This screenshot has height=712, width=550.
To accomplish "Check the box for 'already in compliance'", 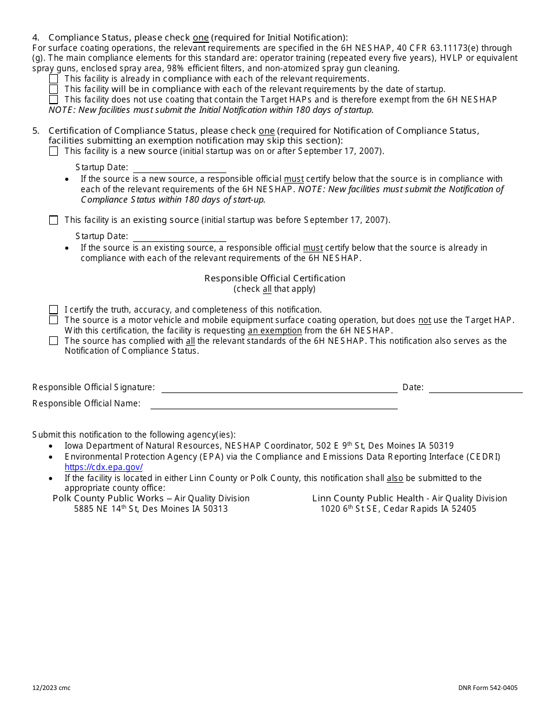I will [x=54, y=79].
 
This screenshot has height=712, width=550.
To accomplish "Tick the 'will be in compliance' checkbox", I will [x=54, y=89].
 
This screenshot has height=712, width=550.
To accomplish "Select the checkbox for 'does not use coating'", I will [x=54, y=100].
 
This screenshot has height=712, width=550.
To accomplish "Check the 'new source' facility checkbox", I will [x=54, y=151].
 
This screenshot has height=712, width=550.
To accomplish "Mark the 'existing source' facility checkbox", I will [x=54, y=220].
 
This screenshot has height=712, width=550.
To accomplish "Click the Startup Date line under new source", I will [x=179, y=168].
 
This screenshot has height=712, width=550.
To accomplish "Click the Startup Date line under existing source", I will [x=179, y=237].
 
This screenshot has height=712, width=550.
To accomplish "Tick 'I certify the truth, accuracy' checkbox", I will [x=54, y=310].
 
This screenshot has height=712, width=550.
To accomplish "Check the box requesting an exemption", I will [x=54, y=320].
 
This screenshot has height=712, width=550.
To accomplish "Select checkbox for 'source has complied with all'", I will [x=54, y=341].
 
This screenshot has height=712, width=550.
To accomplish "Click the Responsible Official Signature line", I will [x=279, y=388].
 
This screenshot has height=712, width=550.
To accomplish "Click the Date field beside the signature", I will [x=475, y=388].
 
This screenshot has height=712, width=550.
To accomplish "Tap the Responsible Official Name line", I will [x=274, y=404].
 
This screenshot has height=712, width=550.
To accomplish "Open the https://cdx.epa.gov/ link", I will [x=104, y=467].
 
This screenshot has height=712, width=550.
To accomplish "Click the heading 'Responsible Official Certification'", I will [x=274, y=278].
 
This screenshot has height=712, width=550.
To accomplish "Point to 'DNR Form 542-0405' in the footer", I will [x=487, y=688].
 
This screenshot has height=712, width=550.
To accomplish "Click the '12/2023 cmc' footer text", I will [x=52, y=688].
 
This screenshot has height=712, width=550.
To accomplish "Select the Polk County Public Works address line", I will [x=151, y=509].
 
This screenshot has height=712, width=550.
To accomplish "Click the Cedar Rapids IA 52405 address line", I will [x=398, y=509].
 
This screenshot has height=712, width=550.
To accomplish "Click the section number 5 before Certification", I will [x=35, y=131].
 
